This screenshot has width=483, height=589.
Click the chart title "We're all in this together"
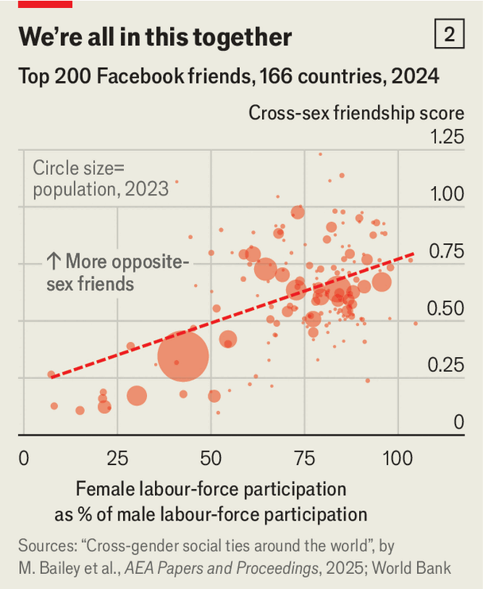[x=155, y=37]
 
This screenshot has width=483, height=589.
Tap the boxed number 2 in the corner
[x=450, y=35]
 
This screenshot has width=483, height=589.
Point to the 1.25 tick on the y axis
[x=447, y=138]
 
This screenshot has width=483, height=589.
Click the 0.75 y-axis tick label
[x=447, y=252]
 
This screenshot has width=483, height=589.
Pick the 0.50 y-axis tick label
[x=447, y=308]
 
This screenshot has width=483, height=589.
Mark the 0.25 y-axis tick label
[x=447, y=366]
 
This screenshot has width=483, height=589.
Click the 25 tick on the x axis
[x=118, y=459]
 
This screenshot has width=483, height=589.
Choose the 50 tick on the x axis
[x=211, y=459]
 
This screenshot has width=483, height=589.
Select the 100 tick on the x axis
[x=396, y=459]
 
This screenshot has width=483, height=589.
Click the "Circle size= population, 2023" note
[x=100, y=178]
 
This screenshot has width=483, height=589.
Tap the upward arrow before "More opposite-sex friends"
[x=53, y=262]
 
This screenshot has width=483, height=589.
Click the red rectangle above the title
[x=44, y=4]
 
